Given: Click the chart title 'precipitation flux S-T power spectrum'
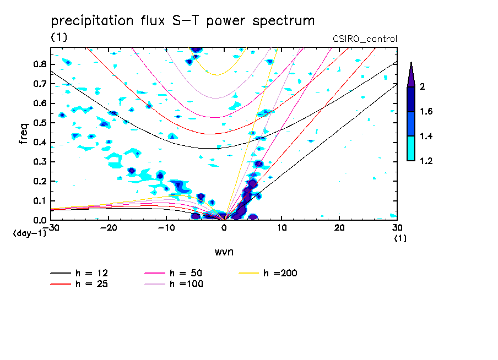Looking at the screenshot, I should [x=182, y=21].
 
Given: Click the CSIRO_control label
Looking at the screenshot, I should [x=365, y=39].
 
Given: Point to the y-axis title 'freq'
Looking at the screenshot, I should [x=23, y=133].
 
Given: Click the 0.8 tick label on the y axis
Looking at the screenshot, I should [x=40, y=64].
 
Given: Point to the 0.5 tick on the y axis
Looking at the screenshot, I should [x=40, y=123].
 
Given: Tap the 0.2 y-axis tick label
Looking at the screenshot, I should [x=40, y=181].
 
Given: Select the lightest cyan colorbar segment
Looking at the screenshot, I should [x=411, y=149].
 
